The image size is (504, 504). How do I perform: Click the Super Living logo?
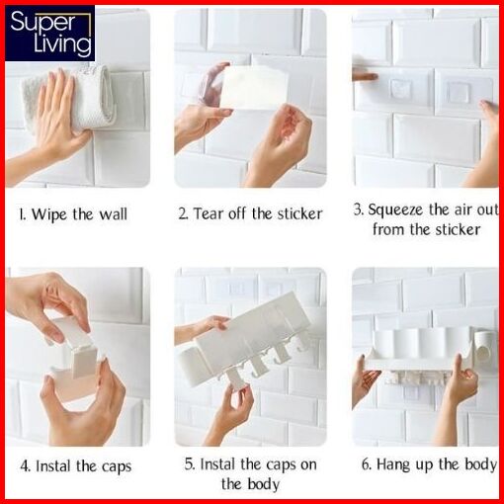49,34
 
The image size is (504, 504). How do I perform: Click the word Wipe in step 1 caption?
48,214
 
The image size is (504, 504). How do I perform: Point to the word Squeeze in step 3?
395,210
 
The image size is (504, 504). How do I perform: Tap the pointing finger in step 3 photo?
365,77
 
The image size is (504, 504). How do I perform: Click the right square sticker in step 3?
458,90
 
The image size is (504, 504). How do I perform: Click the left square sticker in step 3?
401,89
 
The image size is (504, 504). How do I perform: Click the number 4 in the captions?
25,466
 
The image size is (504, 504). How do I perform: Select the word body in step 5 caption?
264,484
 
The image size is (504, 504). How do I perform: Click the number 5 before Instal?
189,464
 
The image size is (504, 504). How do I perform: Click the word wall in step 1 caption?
114,214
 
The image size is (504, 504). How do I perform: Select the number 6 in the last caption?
367,464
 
